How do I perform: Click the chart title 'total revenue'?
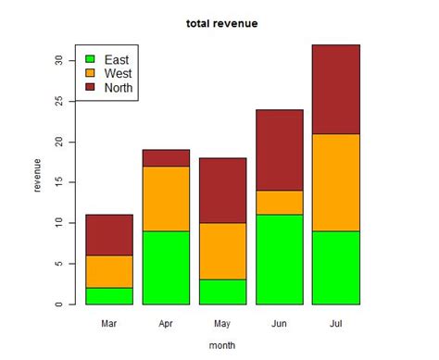coord(221,22)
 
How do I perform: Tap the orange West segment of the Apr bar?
coord(166,199)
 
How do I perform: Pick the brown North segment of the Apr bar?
coord(166,158)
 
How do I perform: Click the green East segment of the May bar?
coord(223,292)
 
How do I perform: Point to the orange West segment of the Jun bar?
coord(280,203)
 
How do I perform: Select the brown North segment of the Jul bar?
coord(336,89)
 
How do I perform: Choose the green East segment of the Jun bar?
coord(280,259)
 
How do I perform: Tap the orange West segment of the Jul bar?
coord(336,182)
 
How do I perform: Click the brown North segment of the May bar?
coord(223,191)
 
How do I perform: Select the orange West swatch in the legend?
coord(90,72)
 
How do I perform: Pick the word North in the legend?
coord(119,87)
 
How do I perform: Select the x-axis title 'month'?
coord(221,346)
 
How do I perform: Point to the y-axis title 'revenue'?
coord(37,175)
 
